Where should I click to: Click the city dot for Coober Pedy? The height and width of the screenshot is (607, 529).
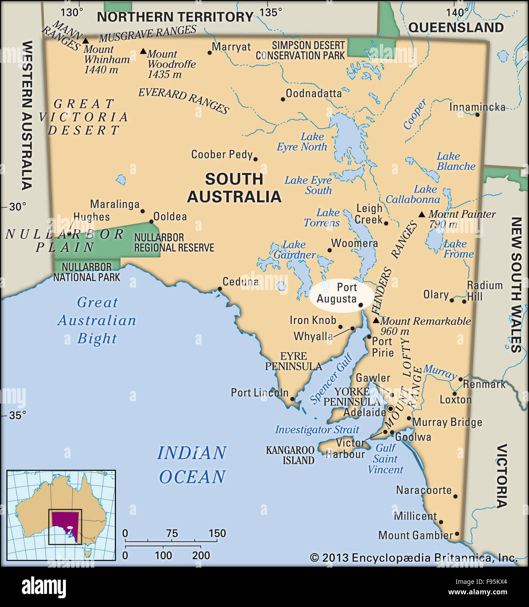(255, 159)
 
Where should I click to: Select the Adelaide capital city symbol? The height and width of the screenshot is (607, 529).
(391, 409)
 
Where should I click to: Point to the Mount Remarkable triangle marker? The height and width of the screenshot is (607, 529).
(376, 321)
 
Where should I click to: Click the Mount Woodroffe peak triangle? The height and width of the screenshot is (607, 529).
(143, 51)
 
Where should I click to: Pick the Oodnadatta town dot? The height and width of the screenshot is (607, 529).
(283, 99)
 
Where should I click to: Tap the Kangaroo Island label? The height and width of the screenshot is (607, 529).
(290, 455)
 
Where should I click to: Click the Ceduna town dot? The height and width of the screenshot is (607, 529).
(220, 289)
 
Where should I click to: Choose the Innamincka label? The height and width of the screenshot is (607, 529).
(477, 107)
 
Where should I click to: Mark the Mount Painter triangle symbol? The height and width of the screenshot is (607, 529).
(422, 214)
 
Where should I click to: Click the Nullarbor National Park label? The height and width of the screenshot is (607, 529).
(86, 272)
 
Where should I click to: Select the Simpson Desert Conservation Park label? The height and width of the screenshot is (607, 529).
(300, 51)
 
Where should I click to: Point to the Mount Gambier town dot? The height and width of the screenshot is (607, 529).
(457, 534)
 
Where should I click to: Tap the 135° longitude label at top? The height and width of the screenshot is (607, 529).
(271, 12)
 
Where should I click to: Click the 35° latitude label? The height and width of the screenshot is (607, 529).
(17, 415)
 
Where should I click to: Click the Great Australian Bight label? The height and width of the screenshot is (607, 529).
(97, 320)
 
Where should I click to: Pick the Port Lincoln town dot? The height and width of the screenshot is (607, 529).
(292, 399)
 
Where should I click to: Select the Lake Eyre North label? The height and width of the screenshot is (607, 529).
(302, 142)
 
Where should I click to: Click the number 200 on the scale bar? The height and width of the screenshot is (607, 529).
(201, 555)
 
